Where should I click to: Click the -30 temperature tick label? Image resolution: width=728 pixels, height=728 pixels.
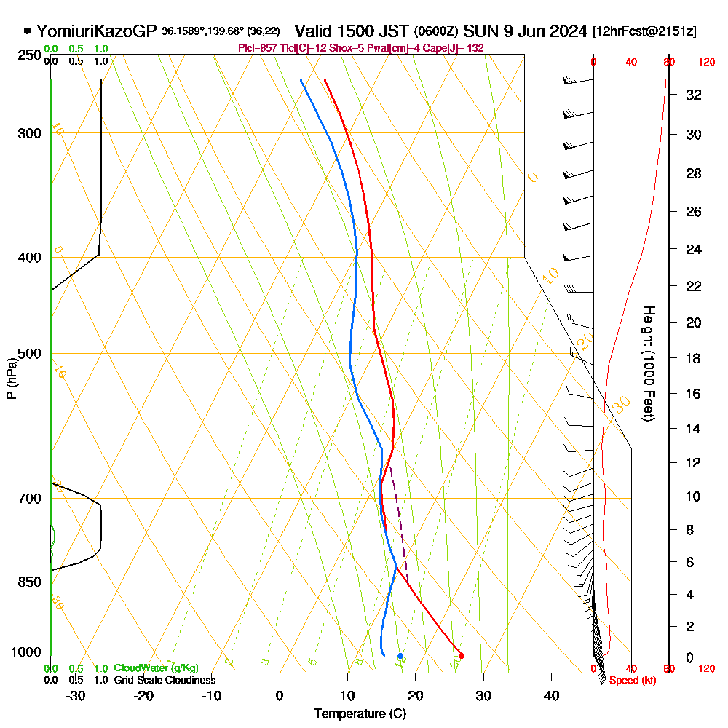76,695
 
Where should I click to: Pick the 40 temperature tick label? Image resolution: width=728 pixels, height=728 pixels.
551,695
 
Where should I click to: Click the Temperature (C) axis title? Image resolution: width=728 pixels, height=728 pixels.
360,713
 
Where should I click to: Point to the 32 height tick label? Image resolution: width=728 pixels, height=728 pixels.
695,95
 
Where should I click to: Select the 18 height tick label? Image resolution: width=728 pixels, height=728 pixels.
695,358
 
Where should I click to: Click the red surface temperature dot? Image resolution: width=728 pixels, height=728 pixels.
462,656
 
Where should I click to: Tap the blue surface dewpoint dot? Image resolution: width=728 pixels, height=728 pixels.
400,656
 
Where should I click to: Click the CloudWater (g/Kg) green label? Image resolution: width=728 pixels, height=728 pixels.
156,668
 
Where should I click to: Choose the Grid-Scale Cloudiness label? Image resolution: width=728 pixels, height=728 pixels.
164,680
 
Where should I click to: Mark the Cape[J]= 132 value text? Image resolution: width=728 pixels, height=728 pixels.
456,48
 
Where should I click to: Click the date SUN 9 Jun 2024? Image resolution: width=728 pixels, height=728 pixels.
525,31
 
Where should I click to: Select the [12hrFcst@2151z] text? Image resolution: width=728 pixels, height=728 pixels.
644,31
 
